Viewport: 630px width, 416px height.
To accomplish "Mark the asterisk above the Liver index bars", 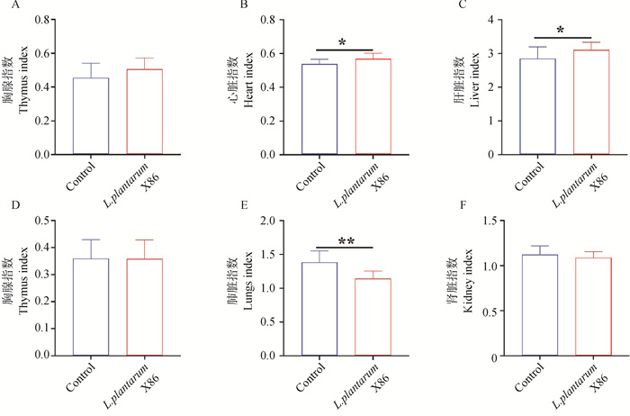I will point(560,32).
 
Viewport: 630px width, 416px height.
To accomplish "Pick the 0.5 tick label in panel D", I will point(45,220).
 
